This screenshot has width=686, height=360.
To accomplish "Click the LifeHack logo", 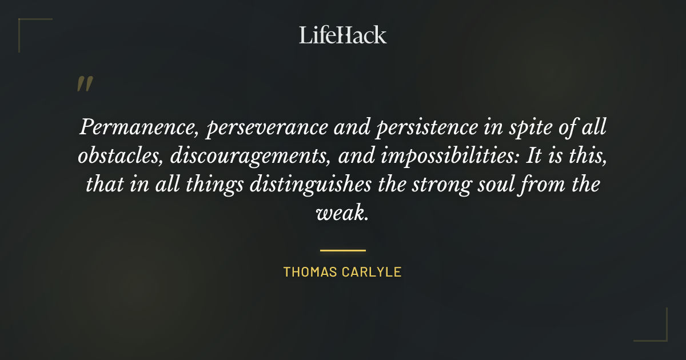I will click(343, 35).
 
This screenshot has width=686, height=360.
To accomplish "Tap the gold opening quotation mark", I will click(84, 85).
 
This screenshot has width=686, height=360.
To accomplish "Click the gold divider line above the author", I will click(343, 250).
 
